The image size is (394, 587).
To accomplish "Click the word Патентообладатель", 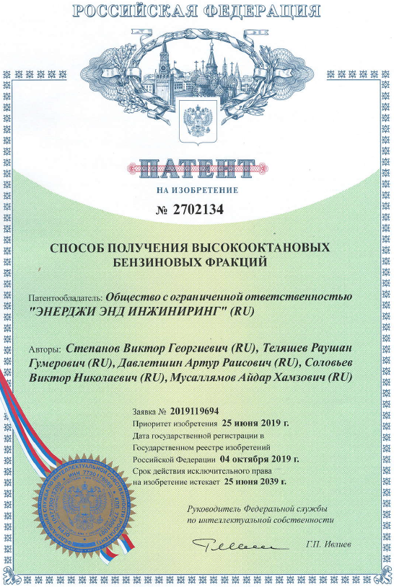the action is [65, 297].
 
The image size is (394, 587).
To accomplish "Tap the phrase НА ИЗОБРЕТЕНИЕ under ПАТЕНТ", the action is [196, 190].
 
